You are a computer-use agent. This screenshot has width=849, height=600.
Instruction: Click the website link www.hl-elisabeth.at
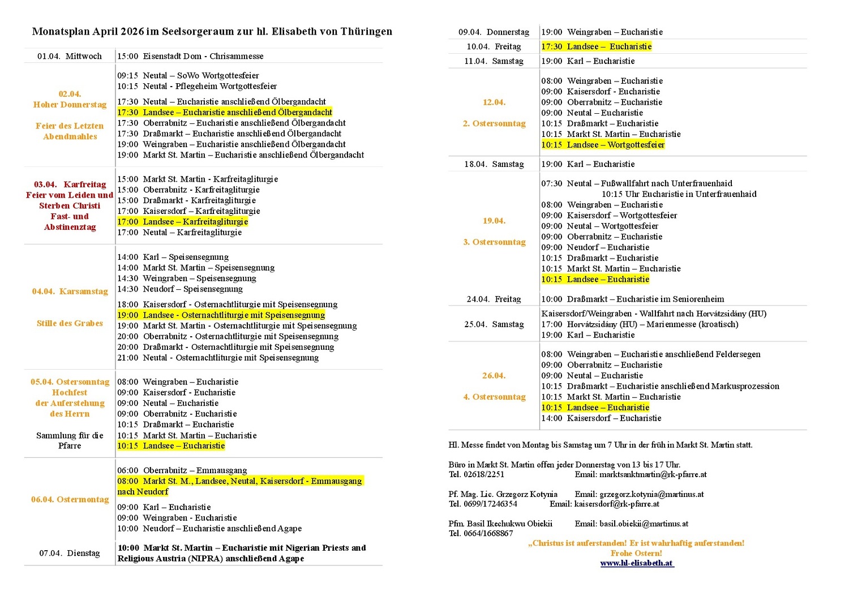pyautogui.click(x=637, y=563)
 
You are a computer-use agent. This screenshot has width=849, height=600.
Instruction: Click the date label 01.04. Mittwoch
pyautogui.click(x=70, y=56)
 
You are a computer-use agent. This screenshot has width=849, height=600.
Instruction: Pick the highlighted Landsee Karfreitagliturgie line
pyautogui.click(x=182, y=222)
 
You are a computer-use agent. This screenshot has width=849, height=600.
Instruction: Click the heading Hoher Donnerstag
pyautogui.click(x=70, y=105)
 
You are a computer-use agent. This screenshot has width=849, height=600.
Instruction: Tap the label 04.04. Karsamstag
pyautogui.click(x=70, y=292)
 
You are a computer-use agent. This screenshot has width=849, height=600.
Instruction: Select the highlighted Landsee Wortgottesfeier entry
pyautogui.click(x=603, y=145)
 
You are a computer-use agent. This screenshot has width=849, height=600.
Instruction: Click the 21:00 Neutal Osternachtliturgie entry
pyautogui.click(x=218, y=358)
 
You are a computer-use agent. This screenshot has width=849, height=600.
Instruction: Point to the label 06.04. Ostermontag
pyautogui.click(x=70, y=499)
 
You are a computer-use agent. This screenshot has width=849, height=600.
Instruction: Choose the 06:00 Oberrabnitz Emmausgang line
pyautogui.click(x=182, y=470)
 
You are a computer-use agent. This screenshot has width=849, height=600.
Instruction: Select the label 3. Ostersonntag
pyautogui.click(x=494, y=242)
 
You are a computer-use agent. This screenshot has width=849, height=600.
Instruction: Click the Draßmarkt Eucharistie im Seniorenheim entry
pyautogui.click(x=632, y=299)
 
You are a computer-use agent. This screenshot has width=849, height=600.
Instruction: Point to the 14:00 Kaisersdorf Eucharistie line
pyautogui.click(x=601, y=418)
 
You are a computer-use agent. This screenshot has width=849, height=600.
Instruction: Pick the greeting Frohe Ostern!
pyautogui.click(x=636, y=553)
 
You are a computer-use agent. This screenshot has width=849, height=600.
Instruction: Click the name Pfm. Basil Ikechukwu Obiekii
pyautogui.click(x=500, y=524)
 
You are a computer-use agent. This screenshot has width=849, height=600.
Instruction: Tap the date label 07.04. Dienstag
pyautogui.click(x=70, y=553)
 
